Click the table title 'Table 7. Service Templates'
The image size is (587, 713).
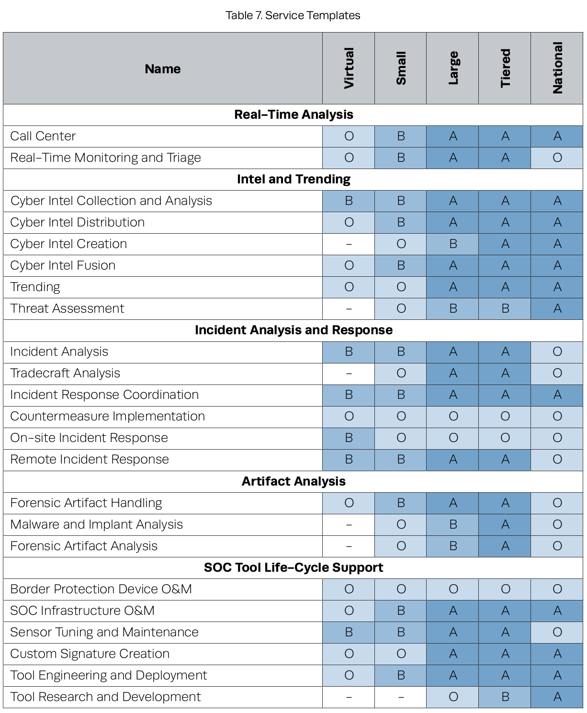293,15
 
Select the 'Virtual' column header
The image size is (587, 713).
349,68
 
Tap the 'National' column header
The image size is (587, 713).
557,68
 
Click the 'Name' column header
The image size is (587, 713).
163,69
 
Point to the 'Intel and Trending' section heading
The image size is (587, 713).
293,179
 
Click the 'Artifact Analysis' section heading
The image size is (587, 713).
293,481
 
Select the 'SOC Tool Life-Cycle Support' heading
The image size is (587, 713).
293,567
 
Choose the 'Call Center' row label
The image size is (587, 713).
43,136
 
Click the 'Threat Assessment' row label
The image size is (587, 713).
68,309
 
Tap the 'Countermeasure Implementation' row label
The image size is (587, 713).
108,416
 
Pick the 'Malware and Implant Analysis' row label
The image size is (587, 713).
96,524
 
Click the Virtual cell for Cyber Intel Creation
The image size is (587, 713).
349,244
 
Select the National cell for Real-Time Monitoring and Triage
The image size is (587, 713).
557,158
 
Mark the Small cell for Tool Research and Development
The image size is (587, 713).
401,697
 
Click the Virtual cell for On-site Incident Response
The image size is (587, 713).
349,438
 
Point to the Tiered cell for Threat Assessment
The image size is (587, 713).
505,309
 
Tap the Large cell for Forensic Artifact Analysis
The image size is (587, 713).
453,546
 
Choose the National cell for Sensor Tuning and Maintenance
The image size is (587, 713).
557,632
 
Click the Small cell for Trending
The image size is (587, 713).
401,287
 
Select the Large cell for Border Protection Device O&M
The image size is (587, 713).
453,589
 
